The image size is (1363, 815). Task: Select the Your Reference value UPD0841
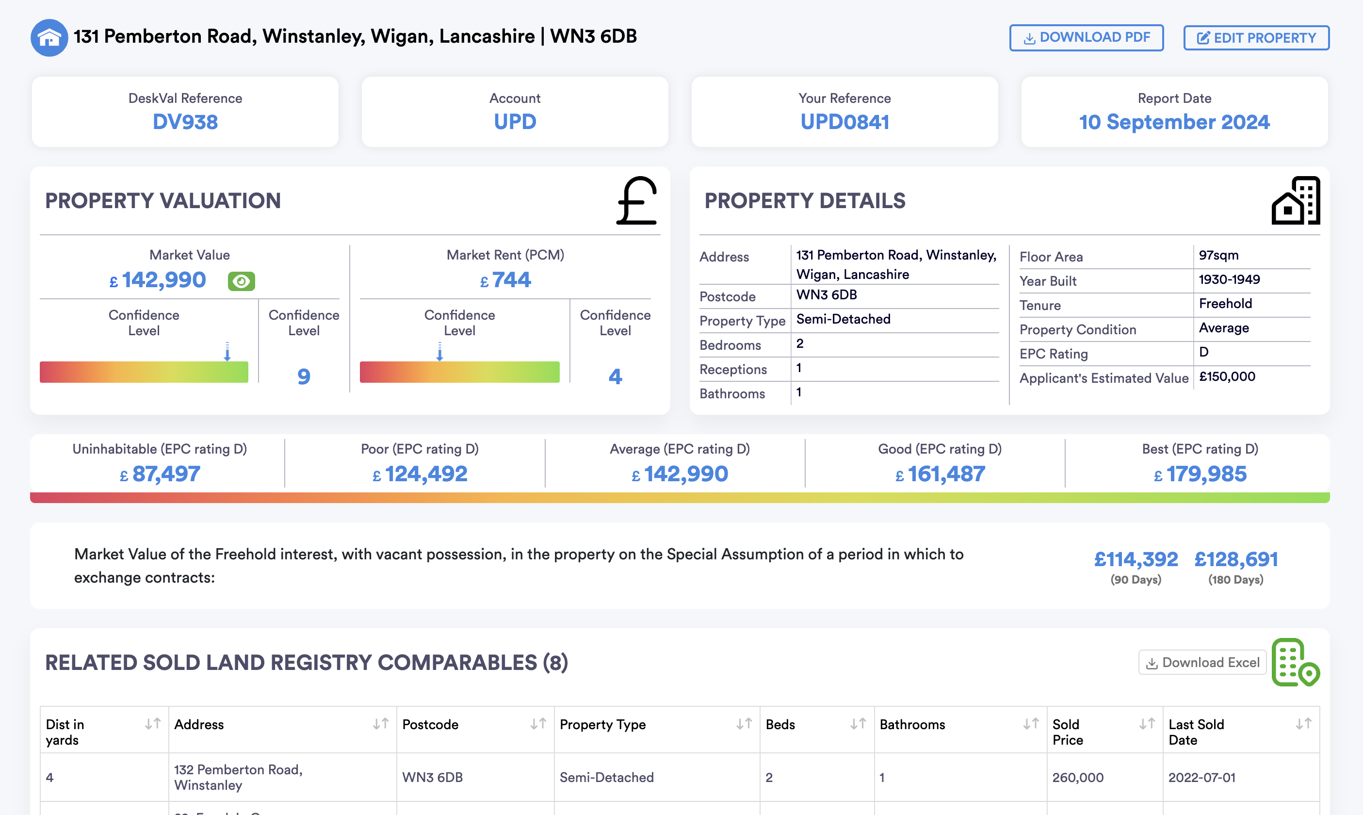click(x=844, y=122)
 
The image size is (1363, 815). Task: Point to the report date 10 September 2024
click(x=1174, y=122)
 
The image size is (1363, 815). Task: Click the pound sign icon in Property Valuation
click(x=637, y=201)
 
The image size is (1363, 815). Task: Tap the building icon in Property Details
click(x=1296, y=201)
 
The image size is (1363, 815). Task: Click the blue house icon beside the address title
click(x=49, y=37)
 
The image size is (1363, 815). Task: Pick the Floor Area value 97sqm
click(x=1218, y=255)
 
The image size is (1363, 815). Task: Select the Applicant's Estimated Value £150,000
click(x=1227, y=377)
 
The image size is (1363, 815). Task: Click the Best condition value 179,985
click(x=1206, y=474)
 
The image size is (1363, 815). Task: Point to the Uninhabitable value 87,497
click(x=166, y=474)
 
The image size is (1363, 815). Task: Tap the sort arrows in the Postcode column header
click(x=538, y=724)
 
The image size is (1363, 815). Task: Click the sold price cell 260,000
click(x=1078, y=777)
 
